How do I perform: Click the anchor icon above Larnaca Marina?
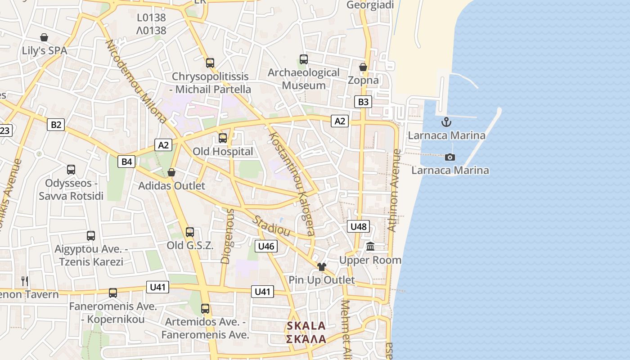pyautogui.click(x=446, y=122)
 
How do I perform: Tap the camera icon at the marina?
pyautogui.click(x=450, y=157)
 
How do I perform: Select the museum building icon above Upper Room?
pyautogui.click(x=370, y=246)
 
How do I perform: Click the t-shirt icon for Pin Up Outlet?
pyautogui.click(x=321, y=266)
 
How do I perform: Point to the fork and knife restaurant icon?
pyautogui.click(x=25, y=281)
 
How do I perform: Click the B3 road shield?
pyautogui.click(x=363, y=102)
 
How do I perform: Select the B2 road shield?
pyautogui.click(x=56, y=124)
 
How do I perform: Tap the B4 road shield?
pyautogui.click(x=126, y=162)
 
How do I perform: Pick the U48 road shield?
pyautogui.click(x=358, y=226)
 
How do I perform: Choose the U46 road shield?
pyautogui.click(x=266, y=246)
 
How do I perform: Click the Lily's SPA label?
pyautogui.click(x=45, y=51)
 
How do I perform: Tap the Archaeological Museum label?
pyautogui.click(x=304, y=79)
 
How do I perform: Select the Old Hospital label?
pyautogui.click(x=223, y=152)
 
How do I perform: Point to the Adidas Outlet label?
pyautogui.click(x=171, y=186)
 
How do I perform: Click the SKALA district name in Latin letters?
pyautogui.click(x=306, y=326)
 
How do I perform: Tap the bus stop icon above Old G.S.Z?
pyautogui.click(x=190, y=232)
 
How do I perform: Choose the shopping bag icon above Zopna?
pyautogui.click(x=363, y=67)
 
